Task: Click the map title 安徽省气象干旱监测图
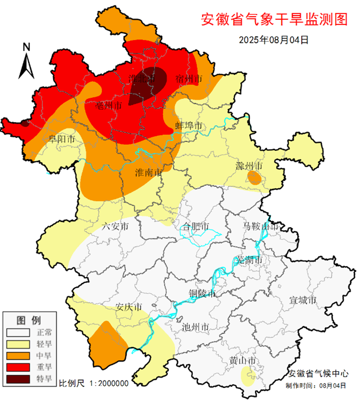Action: pos(274,19)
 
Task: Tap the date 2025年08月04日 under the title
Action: pos(274,40)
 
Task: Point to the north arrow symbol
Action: pos(26,61)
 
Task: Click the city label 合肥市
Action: pos(196,227)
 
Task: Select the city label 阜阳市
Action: pos(62,139)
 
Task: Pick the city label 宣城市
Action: pos(303,300)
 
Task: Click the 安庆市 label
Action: pos(129,307)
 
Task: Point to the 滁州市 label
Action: pos(249,166)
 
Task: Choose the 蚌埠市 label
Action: pos(189,125)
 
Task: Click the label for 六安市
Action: pos(115,227)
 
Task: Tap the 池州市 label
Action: pos(196,327)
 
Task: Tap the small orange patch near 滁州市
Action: pos(254,178)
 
